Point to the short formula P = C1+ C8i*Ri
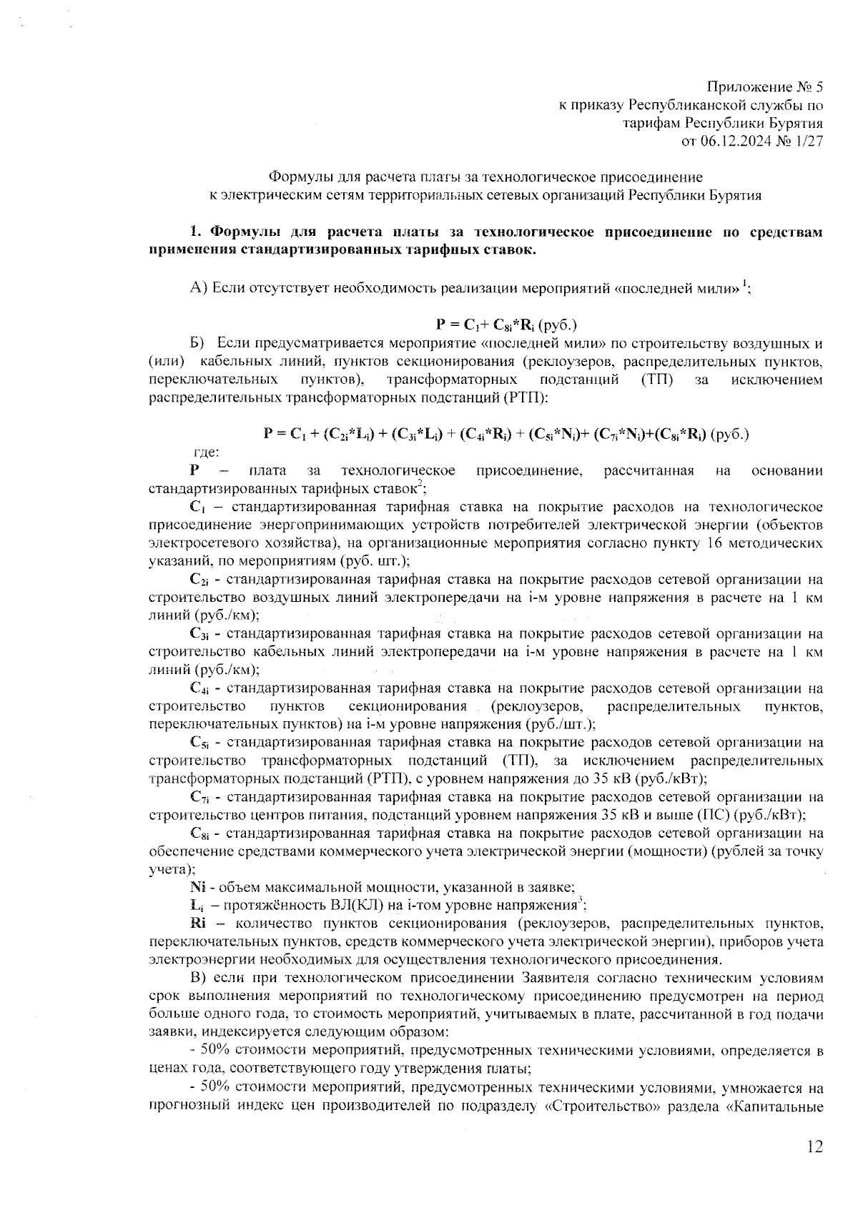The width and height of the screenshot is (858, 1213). coord(506,324)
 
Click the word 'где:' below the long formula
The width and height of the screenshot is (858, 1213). coord(207,452)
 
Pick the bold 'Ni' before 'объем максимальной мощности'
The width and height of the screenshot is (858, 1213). coord(197,887)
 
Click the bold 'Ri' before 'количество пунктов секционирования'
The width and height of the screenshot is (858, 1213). coord(198,923)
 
